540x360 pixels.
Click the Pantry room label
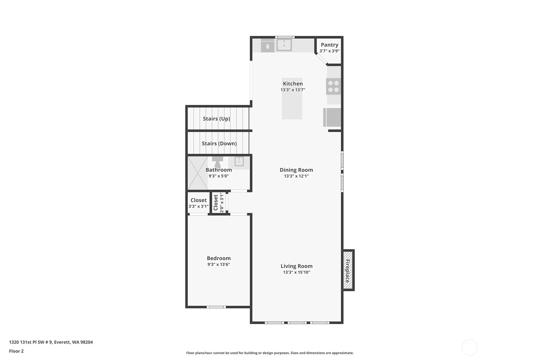click(329, 45)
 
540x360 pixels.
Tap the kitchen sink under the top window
click(284, 45)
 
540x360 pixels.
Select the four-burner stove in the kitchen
click(333, 86)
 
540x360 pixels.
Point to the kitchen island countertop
click(292, 98)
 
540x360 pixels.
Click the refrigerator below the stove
click(332, 117)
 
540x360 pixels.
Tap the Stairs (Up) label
click(216, 118)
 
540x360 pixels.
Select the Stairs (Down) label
click(219, 143)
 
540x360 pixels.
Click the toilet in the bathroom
click(217, 162)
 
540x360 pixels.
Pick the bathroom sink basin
click(239, 161)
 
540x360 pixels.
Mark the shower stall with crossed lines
click(198, 173)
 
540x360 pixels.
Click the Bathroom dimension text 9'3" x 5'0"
click(219, 176)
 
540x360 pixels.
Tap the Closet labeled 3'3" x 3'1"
click(198, 203)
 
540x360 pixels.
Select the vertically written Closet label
click(216, 202)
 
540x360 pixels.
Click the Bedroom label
click(219, 258)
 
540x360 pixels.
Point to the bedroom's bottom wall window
click(216, 307)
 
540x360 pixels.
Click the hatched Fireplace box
click(348, 270)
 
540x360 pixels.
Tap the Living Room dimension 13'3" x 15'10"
click(297, 272)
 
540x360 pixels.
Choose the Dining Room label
click(296, 170)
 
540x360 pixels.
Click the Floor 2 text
click(17, 351)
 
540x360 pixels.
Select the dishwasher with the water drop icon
click(268, 46)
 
